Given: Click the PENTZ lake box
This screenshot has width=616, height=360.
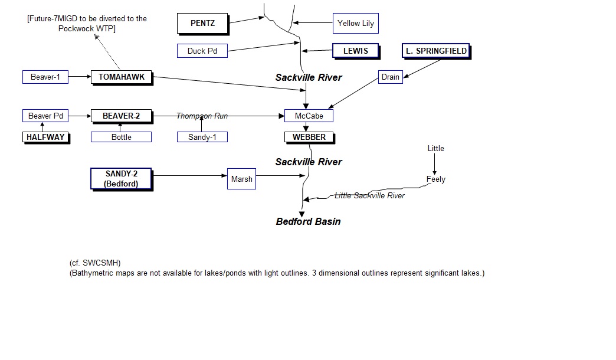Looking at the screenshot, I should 202,24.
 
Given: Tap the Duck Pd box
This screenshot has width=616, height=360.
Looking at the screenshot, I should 202,51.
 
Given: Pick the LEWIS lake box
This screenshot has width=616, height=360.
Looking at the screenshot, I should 355,51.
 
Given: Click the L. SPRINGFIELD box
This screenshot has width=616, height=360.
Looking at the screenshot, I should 436,51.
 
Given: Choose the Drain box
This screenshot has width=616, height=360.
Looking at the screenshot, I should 390,77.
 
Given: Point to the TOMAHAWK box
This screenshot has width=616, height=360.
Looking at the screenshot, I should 121,77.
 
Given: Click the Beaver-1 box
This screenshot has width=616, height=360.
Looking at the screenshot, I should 45,77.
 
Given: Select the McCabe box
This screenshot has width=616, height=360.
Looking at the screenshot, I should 309,116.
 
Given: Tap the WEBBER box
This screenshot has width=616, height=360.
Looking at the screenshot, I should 309,138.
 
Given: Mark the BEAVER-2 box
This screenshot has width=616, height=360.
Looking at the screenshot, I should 121,116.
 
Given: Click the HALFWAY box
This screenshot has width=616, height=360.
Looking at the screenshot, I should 45,138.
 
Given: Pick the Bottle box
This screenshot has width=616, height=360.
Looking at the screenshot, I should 121,138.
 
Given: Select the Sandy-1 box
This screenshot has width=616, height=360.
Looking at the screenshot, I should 202,138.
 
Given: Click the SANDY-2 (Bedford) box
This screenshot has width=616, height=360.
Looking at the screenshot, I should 121,179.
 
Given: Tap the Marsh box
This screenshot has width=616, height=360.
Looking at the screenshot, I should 241,179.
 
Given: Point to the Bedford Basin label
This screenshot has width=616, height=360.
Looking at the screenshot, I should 308,222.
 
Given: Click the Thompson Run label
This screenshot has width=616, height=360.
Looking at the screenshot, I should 202,116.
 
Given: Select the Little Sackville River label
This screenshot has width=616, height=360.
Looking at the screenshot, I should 369,196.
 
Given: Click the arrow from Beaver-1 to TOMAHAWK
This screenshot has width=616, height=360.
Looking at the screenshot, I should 80,77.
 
